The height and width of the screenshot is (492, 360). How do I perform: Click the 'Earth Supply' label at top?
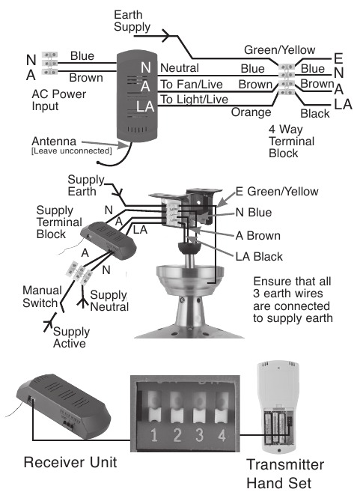tap(132, 21)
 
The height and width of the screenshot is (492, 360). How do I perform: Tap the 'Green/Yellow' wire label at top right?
tap(276, 50)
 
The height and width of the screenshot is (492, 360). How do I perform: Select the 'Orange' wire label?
tap(251, 113)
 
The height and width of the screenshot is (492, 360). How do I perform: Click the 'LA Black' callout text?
tap(259, 257)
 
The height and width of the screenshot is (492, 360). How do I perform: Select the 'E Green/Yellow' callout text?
tap(277, 192)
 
